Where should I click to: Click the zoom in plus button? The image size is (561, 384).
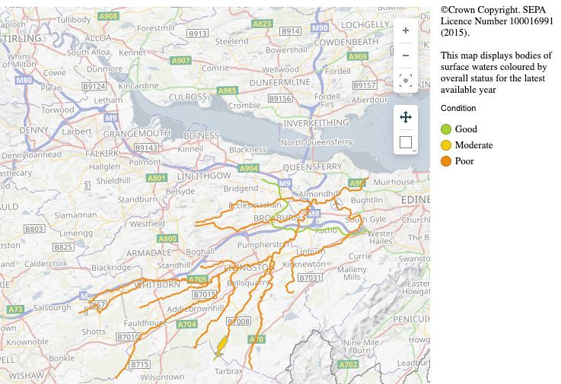point(406,30)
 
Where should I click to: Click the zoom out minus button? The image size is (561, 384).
point(406,56)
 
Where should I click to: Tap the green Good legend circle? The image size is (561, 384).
point(447,129)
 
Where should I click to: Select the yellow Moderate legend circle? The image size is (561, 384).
point(447,145)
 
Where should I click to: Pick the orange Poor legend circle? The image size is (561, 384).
point(447,161)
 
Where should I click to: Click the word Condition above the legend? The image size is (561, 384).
point(458,109)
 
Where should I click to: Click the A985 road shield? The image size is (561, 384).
point(227,90)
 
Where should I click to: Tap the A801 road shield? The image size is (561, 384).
point(157,178)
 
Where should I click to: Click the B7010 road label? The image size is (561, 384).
point(128,337)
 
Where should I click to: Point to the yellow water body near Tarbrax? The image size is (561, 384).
point(222,345)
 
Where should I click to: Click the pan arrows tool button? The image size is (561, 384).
point(406,117)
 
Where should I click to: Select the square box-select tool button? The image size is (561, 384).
point(406,141)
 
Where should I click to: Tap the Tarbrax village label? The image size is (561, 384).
point(228,371)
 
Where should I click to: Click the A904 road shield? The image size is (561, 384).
point(249,168)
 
